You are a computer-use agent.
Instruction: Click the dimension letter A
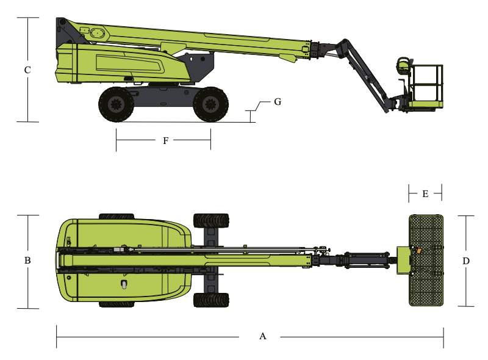pos(263,336)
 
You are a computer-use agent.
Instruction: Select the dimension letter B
pos(27,261)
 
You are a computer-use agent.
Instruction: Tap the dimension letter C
pos(27,70)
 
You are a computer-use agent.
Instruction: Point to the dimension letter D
pos(465,261)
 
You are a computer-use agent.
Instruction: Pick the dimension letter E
pos(425,194)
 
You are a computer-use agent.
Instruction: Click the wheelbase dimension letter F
pos(165,141)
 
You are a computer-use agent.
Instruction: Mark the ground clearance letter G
pos(278,102)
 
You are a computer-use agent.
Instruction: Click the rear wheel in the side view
pos(116,104)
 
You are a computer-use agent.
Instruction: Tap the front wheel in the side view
pos(210,104)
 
